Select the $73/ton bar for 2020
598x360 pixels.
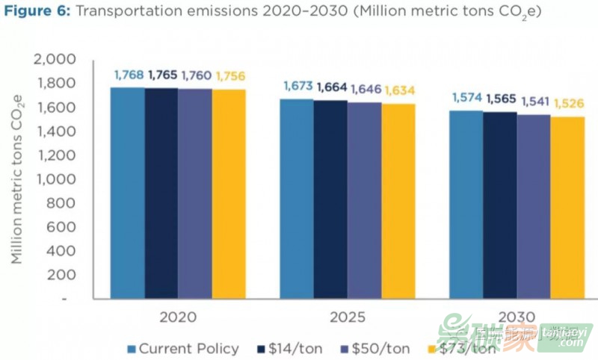coord(229,194)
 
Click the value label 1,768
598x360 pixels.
coord(128,75)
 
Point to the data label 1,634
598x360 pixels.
coord(398,91)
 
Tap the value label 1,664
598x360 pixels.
coord(331,87)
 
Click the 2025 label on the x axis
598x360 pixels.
coord(347,317)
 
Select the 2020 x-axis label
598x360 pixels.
coord(178,317)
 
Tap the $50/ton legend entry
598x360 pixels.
coord(377,348)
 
